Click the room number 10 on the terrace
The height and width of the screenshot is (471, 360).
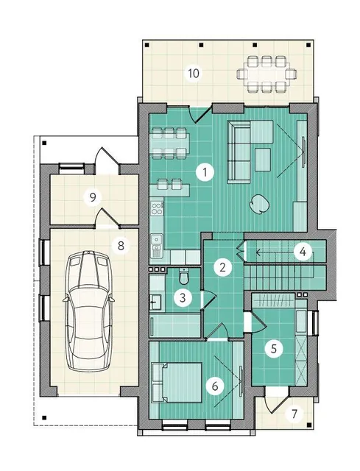(194, 73)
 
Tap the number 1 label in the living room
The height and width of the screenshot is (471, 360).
(205, 173)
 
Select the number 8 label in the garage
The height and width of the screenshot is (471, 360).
(121, 246)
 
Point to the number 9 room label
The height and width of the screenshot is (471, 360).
(93, 197)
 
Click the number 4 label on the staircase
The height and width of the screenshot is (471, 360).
(303, 251)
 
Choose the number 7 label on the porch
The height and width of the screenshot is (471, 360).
(294, 414)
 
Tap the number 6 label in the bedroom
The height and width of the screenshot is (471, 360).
(215, 386)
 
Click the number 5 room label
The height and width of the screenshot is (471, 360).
(273, 348)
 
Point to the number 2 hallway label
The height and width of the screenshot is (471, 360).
(222, 267)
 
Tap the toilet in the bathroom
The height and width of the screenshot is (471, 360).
(184, 277)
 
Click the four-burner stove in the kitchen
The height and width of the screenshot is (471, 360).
(157, 208)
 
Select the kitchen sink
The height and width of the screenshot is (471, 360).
(157, 246)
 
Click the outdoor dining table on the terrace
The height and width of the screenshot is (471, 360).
(267, 74)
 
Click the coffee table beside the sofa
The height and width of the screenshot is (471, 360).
(263, 160)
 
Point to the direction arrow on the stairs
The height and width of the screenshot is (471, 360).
(285, 252)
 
